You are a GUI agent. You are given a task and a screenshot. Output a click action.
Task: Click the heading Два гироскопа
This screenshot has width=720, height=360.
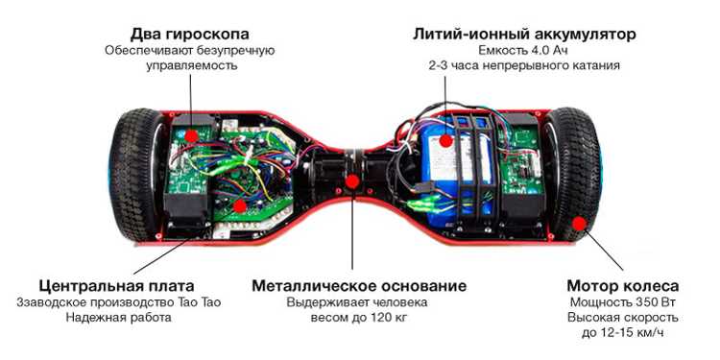click(190, 34)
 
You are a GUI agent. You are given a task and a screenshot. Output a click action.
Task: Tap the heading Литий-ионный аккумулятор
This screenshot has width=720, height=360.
click(524, 34)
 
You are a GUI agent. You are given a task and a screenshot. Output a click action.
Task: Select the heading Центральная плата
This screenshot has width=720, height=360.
click(116, 286)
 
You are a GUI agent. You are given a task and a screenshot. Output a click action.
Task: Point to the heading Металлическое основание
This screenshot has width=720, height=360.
click(359, 286)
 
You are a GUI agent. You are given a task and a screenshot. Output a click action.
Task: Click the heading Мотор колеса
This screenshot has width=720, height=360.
click(623, 286)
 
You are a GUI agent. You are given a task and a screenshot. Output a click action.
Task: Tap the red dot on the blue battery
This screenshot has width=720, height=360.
click(444, 140)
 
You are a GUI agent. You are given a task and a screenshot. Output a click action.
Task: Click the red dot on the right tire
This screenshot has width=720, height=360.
click(580, 224)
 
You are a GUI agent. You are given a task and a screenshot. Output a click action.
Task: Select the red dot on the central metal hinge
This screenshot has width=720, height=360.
click(352, 181)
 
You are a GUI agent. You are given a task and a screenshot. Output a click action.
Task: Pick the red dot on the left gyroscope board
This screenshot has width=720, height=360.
click(191, 135)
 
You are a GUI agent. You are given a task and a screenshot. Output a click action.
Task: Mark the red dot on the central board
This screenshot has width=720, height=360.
click(239, 206)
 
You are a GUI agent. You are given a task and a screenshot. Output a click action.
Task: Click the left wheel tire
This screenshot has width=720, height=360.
click(136, 175)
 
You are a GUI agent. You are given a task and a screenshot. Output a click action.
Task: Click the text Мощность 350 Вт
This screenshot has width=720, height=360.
click(623, 302)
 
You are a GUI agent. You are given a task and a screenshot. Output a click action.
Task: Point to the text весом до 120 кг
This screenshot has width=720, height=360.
click(359, 318)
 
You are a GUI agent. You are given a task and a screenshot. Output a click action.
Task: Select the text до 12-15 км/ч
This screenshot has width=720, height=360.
click(623, 332)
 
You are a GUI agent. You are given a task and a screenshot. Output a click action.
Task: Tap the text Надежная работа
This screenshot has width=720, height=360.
click(118, 318)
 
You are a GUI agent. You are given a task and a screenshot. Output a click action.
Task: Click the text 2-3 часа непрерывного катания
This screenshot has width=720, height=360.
click(524, 64)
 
